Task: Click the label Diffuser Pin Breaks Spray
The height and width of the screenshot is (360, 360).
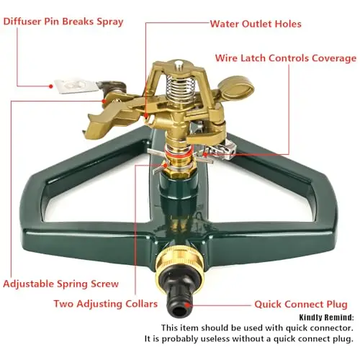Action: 63,22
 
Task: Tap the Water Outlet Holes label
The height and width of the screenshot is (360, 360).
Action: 256,24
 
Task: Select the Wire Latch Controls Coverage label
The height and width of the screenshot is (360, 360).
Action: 286,58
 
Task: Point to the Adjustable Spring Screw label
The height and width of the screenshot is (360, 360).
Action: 61,284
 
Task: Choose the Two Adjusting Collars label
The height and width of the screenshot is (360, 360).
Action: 106,304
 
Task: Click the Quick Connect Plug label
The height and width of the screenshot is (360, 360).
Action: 301,305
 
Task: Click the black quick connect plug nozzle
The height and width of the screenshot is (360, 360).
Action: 180,297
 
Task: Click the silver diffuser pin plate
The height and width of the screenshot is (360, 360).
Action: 76,86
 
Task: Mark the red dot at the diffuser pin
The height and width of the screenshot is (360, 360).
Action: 50,86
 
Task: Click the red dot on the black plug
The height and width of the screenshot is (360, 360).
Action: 188,305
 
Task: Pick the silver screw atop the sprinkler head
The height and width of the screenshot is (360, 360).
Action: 178,64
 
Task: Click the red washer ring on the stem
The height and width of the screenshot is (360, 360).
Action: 177,154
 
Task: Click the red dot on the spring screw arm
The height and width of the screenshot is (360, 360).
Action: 104,101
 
